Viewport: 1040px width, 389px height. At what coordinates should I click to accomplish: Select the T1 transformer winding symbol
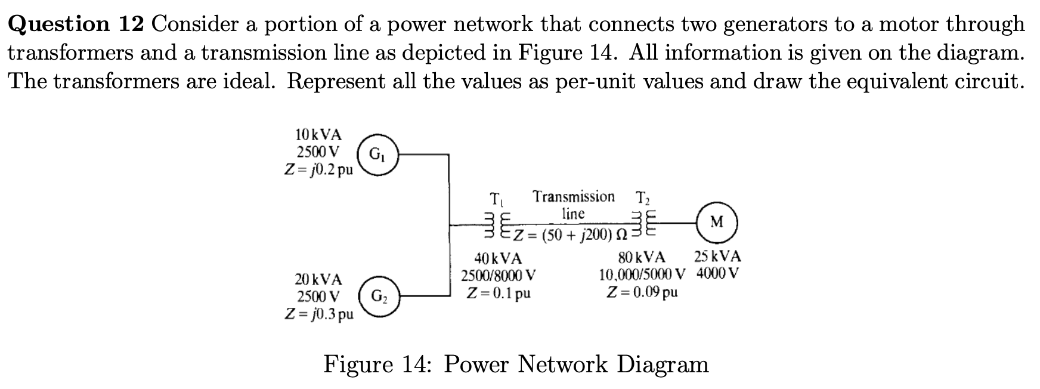[497, 225]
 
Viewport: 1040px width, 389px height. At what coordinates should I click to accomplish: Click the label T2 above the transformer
[644, 197]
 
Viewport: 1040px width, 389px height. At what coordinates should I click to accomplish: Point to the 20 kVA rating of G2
[318, 279]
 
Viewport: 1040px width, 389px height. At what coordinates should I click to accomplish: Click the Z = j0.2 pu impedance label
[318, 169]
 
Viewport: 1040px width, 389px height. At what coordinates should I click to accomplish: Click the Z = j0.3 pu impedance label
[318, 314]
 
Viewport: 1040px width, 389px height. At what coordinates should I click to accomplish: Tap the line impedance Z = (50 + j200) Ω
[572, 236]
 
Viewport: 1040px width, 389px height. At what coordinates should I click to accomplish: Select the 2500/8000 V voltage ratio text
[499, 276]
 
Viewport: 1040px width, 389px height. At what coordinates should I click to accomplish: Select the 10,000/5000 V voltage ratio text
[642, 275]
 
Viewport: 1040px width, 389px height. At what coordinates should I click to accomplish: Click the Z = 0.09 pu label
[642, 293]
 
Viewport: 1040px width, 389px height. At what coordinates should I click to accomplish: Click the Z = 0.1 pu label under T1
[499, 294]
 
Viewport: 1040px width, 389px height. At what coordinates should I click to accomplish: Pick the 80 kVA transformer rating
[642, 258]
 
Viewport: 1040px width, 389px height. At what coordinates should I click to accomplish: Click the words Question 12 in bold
[76, 24]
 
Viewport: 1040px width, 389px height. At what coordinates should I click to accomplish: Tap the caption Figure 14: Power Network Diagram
[516, 363]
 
